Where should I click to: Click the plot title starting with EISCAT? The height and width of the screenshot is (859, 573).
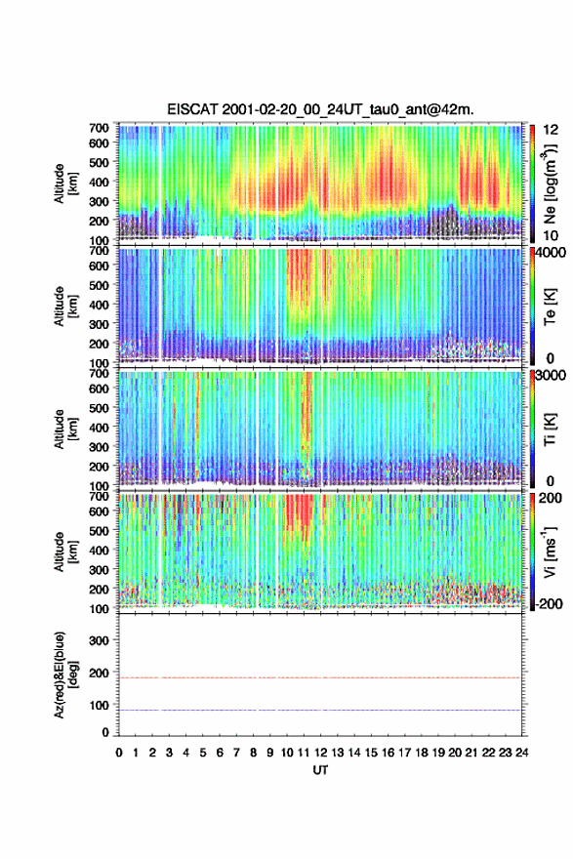tap(320, 109)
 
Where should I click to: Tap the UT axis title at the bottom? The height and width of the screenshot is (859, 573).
tap(320, 770)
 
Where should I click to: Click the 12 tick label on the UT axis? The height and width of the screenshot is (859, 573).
tap(320, 753)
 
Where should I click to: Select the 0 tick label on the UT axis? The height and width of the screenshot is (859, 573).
tap(119, 753)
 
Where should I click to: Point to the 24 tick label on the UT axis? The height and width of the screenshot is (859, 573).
tap(521, 753)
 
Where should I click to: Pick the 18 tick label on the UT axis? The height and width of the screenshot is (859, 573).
tap(422, 753)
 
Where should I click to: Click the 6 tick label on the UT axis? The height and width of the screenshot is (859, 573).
tap(220, 753)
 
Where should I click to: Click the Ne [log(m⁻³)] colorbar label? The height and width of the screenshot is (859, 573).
tap(550, 184)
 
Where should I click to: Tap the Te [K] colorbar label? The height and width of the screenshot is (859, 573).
tap(550, 307)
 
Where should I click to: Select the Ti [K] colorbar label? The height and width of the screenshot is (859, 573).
tap(550, 429)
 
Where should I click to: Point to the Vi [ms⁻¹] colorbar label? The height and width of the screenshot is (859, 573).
tap(550, 552)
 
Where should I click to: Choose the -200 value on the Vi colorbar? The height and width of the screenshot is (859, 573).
tap(549, 603)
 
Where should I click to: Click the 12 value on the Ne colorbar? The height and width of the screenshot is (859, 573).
tap(552, 129)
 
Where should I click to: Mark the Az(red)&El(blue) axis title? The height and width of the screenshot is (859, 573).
tap(65, 675)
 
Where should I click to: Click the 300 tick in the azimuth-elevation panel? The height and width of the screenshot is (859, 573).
tap(100, 640)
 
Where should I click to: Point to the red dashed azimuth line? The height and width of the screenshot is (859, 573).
tap(320, 677)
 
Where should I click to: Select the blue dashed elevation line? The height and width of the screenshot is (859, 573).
tap(320, 710)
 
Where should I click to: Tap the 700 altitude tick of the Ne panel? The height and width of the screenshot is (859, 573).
tap(100, 128)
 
